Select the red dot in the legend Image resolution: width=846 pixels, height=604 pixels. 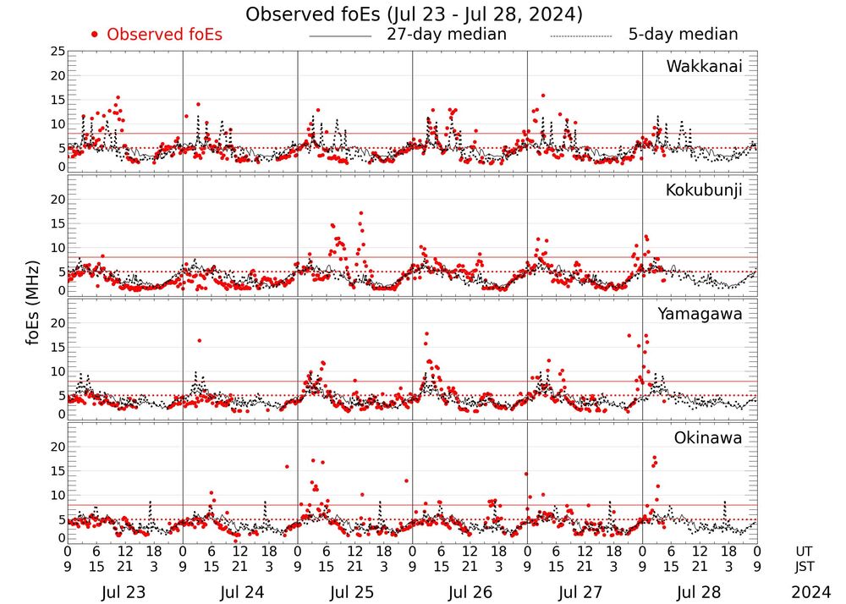(95, 35)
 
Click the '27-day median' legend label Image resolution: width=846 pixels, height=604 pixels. (447, 35)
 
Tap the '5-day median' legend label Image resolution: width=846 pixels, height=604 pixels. (684, 35)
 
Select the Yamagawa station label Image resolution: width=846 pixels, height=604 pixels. (700, 314)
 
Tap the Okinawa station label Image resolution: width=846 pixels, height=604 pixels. (708, 438)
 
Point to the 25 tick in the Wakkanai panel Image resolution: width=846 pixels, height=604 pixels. (58, 52)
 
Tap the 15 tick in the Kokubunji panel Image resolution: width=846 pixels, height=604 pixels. (58, 222)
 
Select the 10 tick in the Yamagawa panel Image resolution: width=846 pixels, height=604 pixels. (58, 371)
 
